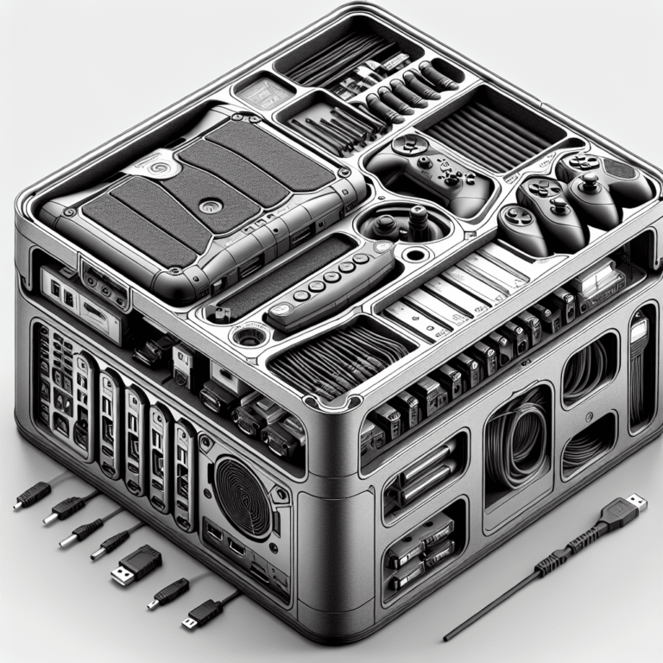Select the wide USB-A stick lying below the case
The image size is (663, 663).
(x=136, y=565)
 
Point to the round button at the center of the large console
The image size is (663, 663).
(x=207, y=206)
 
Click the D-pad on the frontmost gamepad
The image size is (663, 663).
(x=519, y=216)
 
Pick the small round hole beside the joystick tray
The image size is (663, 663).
(x=419, y=256)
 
